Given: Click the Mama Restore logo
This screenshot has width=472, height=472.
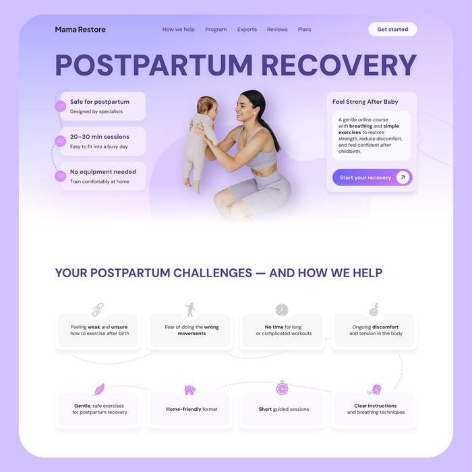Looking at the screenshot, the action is tap(80, 30).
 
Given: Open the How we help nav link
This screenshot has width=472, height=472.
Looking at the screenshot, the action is tap(179, 30).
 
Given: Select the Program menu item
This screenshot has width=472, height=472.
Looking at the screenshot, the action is tap(216, 30).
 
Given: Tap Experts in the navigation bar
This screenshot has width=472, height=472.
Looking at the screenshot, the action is tap(247, 30).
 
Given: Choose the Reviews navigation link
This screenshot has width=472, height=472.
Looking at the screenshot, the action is tap(277, 30).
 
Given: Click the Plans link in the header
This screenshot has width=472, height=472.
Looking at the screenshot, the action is tap(305, 30).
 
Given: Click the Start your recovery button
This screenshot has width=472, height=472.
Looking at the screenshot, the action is tap(372, 177).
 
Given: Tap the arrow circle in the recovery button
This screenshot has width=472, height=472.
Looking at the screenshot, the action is tap(403, 177).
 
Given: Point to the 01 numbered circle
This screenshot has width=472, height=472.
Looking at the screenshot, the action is tap(61, 106).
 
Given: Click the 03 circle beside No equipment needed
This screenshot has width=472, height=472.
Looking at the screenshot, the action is tap(61, 176).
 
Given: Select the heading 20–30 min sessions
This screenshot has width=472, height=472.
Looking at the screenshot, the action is tap(100, 137).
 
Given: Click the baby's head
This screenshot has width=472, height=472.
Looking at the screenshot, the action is tap(208, 107).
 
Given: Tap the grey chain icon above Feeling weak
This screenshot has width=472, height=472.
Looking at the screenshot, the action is tap(98, 309).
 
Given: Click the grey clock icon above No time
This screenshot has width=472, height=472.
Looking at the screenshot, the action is tap(282, 309).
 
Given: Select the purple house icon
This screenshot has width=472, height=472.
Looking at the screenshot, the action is tap(190, 390).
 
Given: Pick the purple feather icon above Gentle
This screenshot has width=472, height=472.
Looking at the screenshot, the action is tap(98, 390).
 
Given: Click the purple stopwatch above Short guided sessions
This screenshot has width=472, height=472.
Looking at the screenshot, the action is tap(282, 388).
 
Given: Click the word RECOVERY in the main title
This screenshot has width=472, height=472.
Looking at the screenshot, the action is tap(339, 65).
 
